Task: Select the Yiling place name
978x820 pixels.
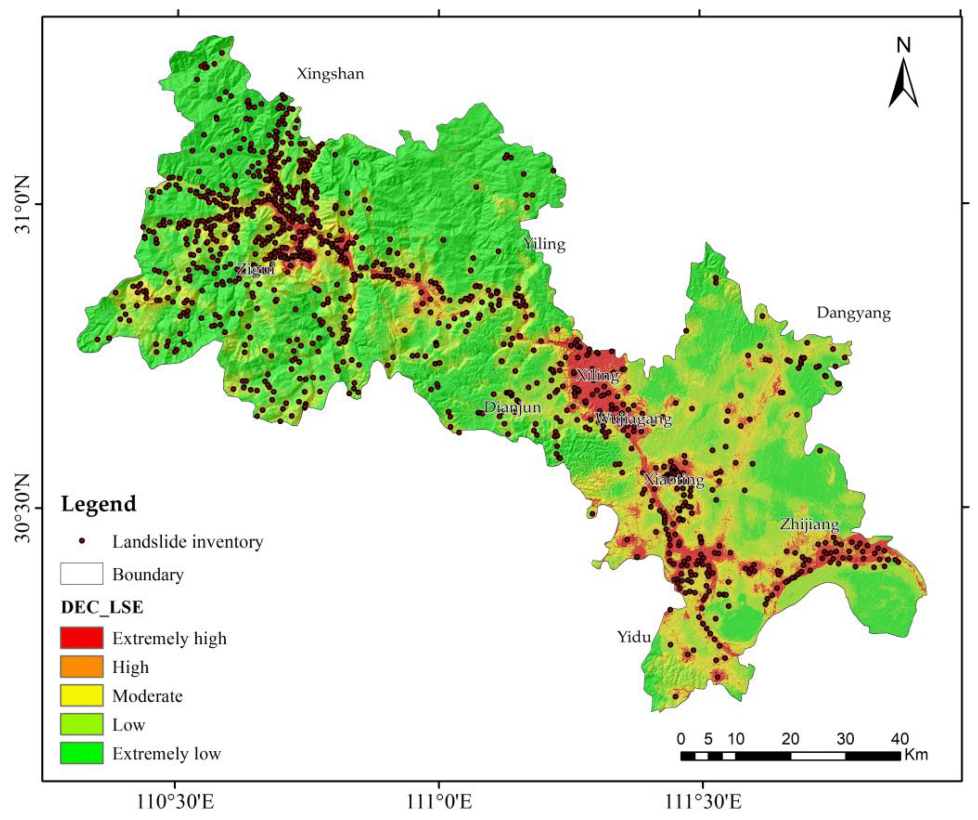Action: [544, 244]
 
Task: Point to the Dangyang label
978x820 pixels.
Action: [853, 313]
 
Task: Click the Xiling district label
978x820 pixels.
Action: [597, 375]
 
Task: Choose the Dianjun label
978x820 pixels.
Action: [512, 407]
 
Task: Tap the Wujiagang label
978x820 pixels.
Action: [633, 419]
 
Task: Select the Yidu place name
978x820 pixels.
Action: [634, 637]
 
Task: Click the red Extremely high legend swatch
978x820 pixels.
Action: [82, 638]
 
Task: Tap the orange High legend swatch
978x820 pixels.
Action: [82, 667]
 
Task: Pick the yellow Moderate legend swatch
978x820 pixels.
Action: [82, 696]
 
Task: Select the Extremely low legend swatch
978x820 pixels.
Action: [82, 753]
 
